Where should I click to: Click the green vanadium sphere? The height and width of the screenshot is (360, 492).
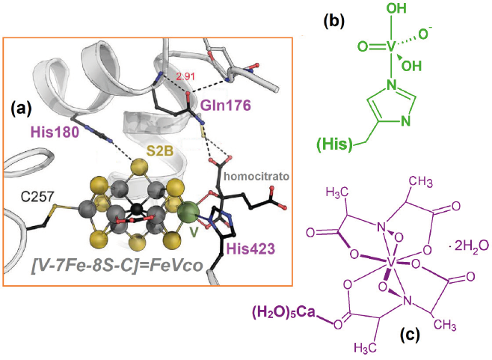click(191, 210)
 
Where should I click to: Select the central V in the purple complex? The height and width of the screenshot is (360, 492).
click(392, 263)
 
